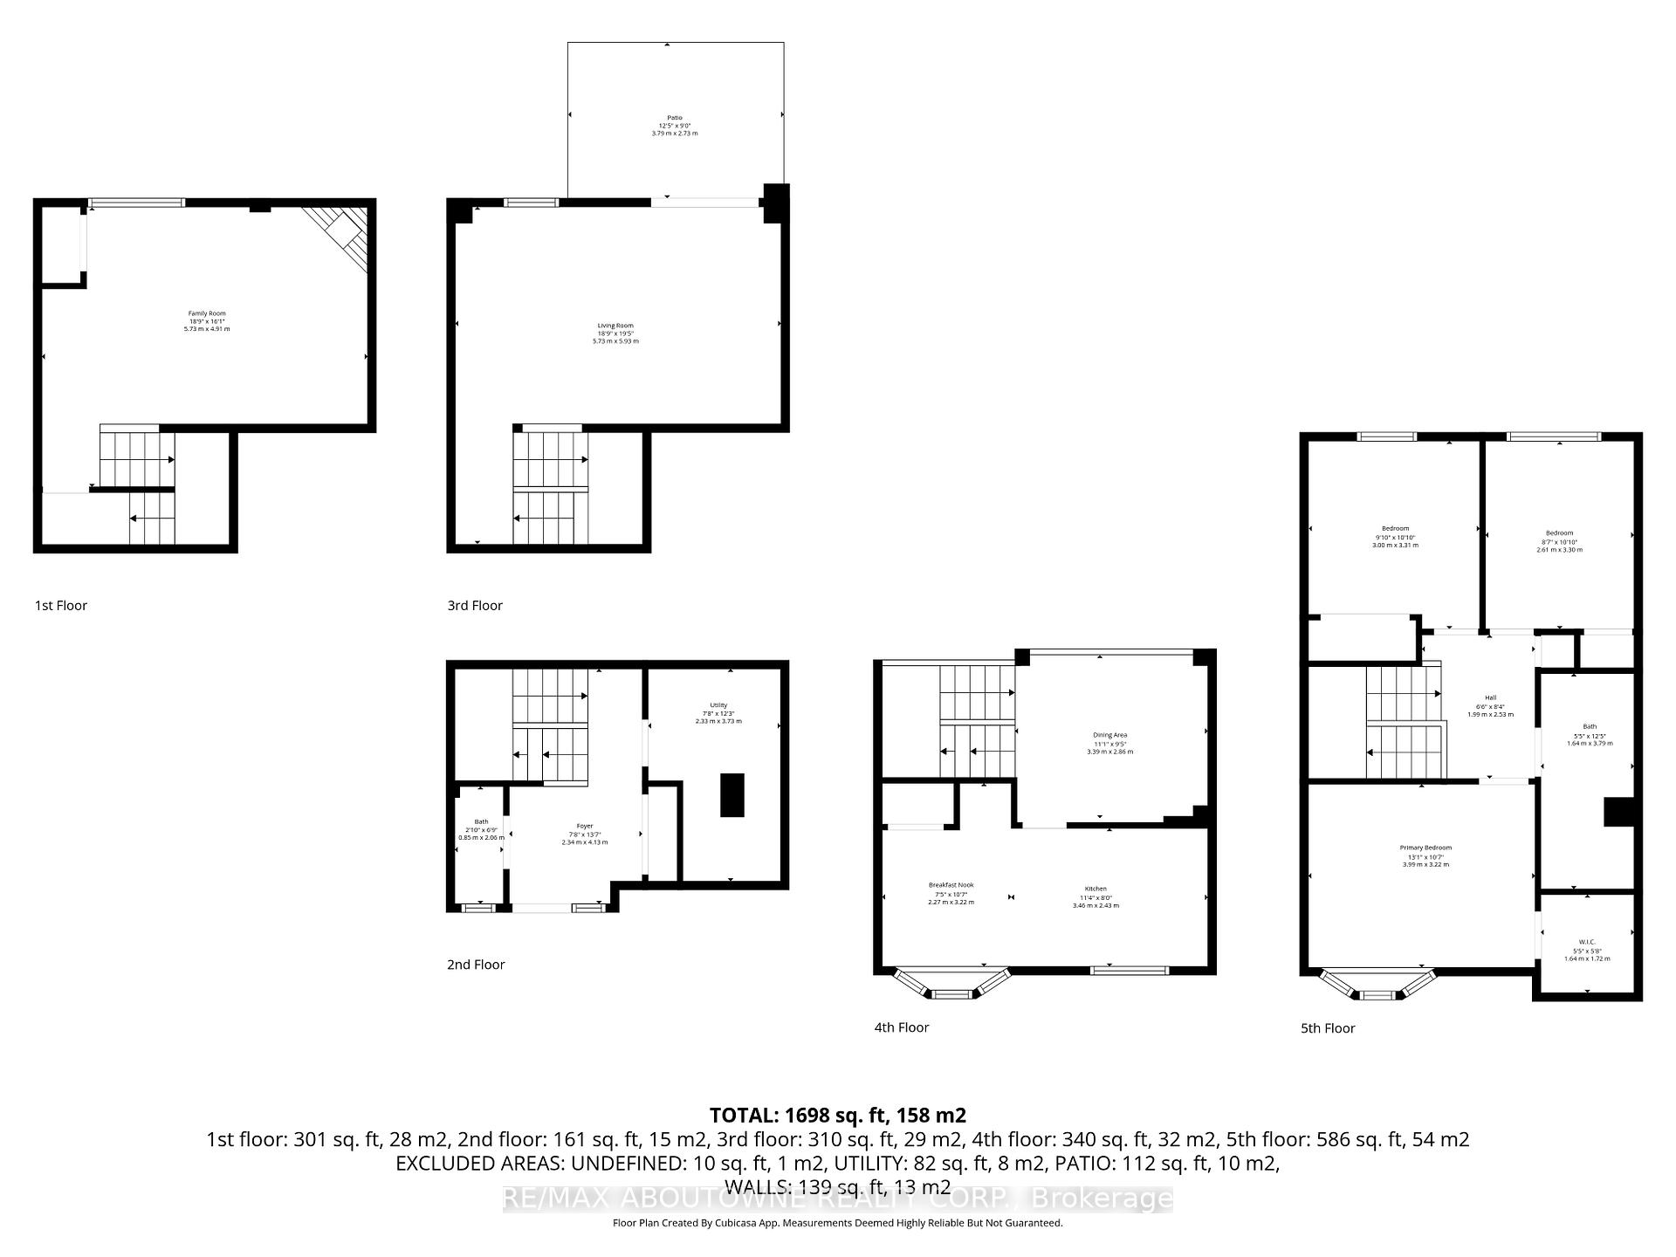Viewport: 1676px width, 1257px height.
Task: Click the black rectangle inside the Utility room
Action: pyautogui.click(x=732, y=795)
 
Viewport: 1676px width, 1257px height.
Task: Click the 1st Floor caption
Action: pyautogui.click(x=61, y=605)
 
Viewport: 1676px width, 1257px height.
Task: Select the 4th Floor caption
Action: pyautogui.click(x=901, y=1027)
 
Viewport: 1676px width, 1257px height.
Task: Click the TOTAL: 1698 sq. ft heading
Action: pyautogui.click(x=837, y=1115)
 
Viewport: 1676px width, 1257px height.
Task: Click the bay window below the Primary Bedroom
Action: pyautogui.click(x=1377, y=986)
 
